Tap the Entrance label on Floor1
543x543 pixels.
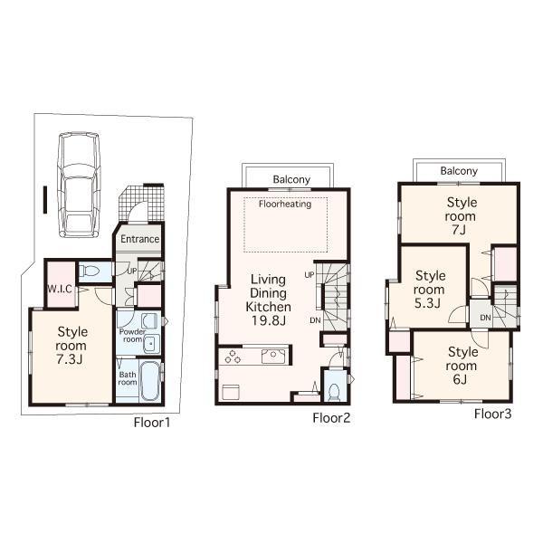[140, 240]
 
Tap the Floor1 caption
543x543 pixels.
[152, 422]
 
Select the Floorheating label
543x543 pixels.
[285, 205]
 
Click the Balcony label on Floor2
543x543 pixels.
[291, 179]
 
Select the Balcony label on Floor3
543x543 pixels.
[460, 170]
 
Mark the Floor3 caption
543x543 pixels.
[493, 414]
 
